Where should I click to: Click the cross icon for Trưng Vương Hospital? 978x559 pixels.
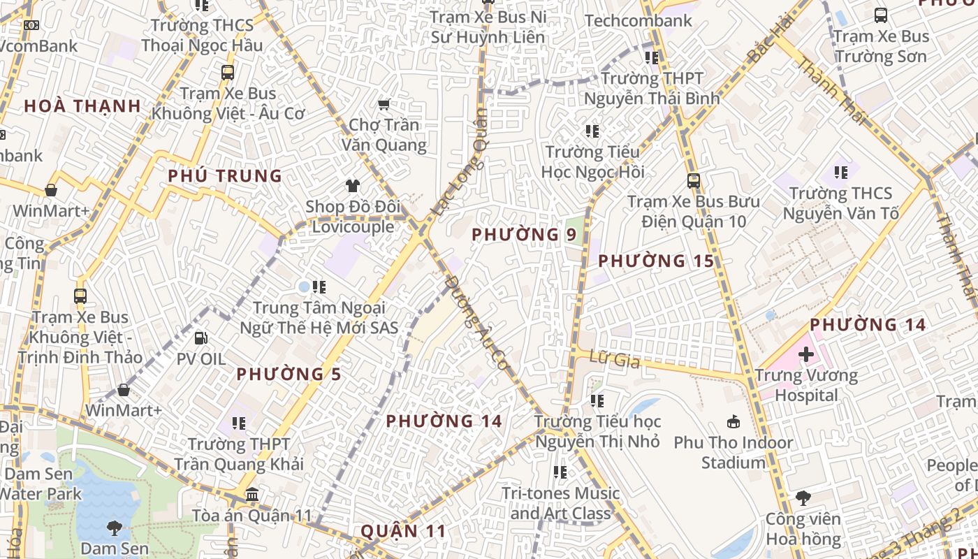(806, 354)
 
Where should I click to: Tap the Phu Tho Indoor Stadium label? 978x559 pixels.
(733, 452)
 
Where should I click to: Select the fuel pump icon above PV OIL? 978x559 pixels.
(200, 338)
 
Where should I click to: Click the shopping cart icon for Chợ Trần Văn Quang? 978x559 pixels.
(384, 105)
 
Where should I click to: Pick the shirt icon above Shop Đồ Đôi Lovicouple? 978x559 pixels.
(353, 186)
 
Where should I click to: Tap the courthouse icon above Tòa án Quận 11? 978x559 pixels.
(252, 495)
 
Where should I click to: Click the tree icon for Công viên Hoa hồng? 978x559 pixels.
(803, 498)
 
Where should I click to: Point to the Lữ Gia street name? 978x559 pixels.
(605, 360)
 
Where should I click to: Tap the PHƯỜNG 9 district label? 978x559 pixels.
(524, 235)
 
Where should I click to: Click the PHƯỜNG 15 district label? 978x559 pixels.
(656, 261)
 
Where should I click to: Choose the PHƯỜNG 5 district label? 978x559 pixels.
(289, 375)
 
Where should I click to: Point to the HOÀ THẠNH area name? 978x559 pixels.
(82, 106)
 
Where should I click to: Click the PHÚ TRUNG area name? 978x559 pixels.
(224, 176)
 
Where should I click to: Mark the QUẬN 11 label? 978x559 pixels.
(403, 531)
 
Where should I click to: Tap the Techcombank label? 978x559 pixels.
(638, 21)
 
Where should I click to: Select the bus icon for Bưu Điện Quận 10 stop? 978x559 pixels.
(693, 181)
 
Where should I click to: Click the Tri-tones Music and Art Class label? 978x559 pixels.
(560, 503)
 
